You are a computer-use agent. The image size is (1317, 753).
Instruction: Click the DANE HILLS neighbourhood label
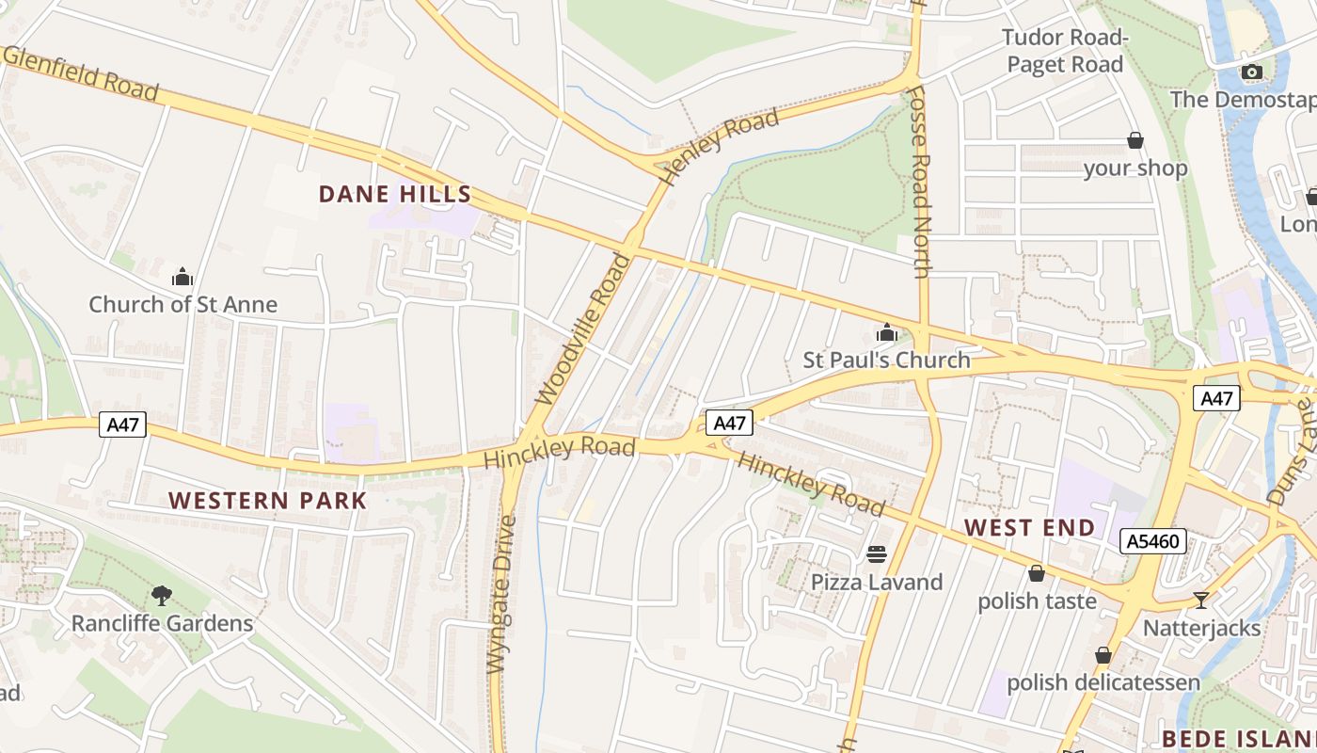pyautogui.click(x=394, y=195)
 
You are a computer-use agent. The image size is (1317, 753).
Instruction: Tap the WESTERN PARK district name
pyautogui.click(x=267, y=500)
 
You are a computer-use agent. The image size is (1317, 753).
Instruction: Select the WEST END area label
pyautogui.click(x=1030, y=527)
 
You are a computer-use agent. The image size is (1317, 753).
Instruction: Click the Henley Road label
pyautogui.click(x=720, y=145)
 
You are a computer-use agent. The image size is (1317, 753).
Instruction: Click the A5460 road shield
pyautogui.click(x=1153, y=541)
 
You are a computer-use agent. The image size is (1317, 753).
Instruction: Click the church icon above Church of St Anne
pyautogui.click(x=182, y=277)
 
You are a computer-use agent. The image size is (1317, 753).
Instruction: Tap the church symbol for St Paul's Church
pyautogui.click(x=886, y=332)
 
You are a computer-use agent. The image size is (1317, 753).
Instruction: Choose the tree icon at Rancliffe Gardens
pyautogui.click(x=162, y=595)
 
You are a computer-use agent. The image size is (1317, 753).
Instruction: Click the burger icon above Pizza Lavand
pyautogui.click(x=877, y=553)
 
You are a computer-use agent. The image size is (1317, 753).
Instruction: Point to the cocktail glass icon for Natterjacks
pyautogui.click(x=1201, y=600)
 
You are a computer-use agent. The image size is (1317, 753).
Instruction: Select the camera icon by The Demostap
pyautogui.click(x=1251, y=72)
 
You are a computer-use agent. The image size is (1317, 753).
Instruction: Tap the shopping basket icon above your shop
pyautogui.click(x=1135, y=141)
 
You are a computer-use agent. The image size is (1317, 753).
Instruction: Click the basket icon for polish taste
pyautogui.click(x=1037, y=573)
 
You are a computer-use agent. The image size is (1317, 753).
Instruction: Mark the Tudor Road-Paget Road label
pyautogui.click(x=1064, y=51)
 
